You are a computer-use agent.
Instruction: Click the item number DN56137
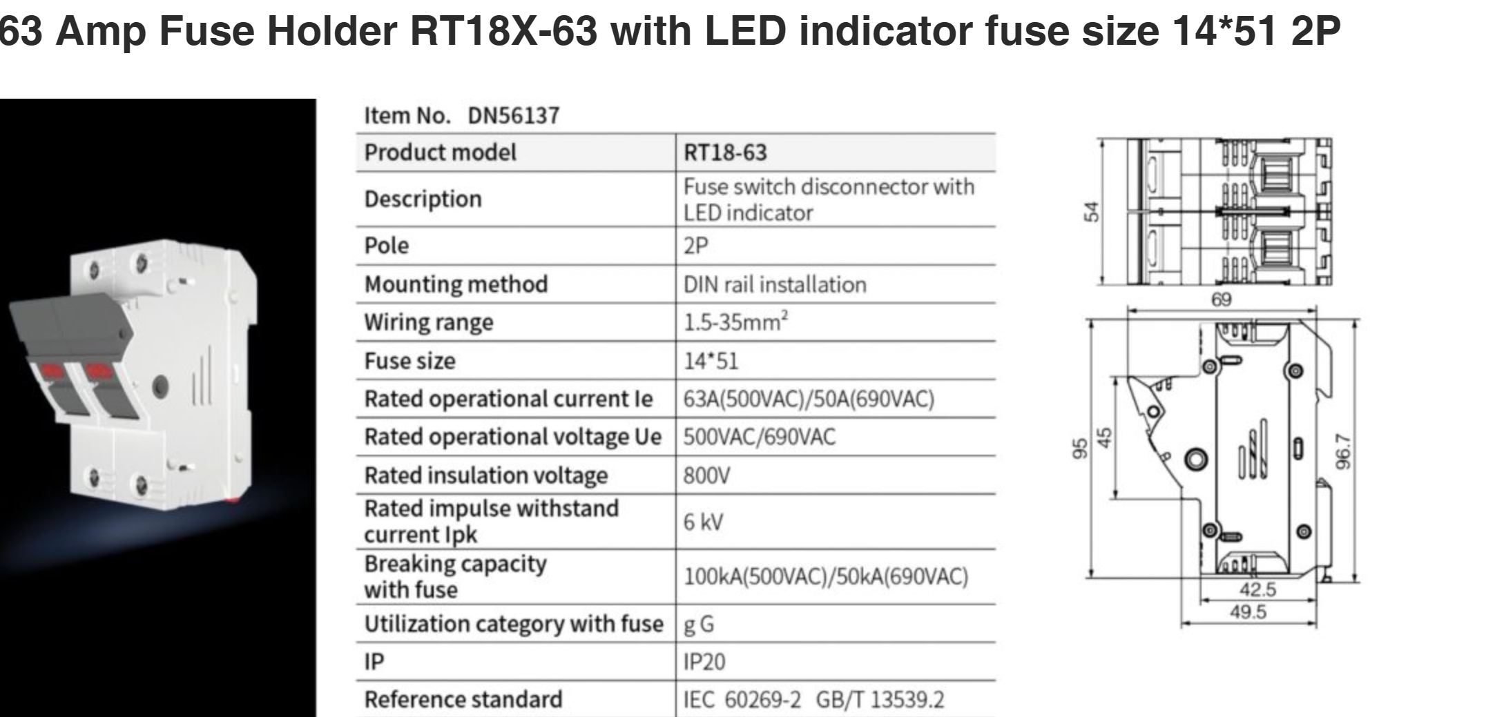click(x=514, y=116)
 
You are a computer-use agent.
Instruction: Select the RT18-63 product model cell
click(x=725, y=153)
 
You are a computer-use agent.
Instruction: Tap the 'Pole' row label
click(x=387, y=246)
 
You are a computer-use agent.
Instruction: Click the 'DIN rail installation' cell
click(x=775, y=284)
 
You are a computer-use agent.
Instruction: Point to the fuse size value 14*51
click(x=711, y=361)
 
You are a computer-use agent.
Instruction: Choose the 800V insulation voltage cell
click(x=706, y=475)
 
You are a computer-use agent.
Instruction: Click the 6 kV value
click(x=704, y=522)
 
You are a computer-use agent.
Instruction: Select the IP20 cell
click(x=704, y=662)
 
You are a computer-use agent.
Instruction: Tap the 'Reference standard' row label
click(x=463, y=700)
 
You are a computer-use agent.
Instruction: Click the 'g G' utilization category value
click(x=699, y=625)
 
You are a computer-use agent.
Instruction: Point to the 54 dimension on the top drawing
click(x=1090, y=211)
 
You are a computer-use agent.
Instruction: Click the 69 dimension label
click(x=1221, y=299)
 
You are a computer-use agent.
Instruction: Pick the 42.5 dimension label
click(x=1257, y=590)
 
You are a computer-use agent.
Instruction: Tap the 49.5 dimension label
click(x=1248, y=612)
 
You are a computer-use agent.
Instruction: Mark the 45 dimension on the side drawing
click(x=1105, y=438)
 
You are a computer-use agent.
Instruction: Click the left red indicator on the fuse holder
click(x=50, y=371)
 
